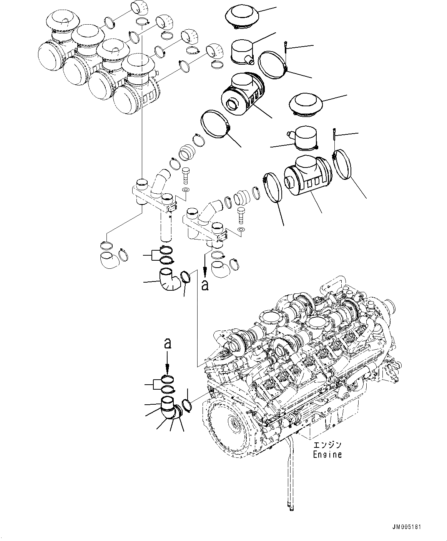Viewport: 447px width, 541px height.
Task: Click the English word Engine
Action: (x=327, y=454)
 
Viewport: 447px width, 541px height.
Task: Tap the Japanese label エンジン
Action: (x=327, y=445)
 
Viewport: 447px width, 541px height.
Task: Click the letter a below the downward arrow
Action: (x=206, y=285)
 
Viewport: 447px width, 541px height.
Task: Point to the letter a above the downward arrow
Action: (x=167, y=343)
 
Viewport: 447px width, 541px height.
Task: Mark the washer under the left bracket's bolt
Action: (x=186, y=190)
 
